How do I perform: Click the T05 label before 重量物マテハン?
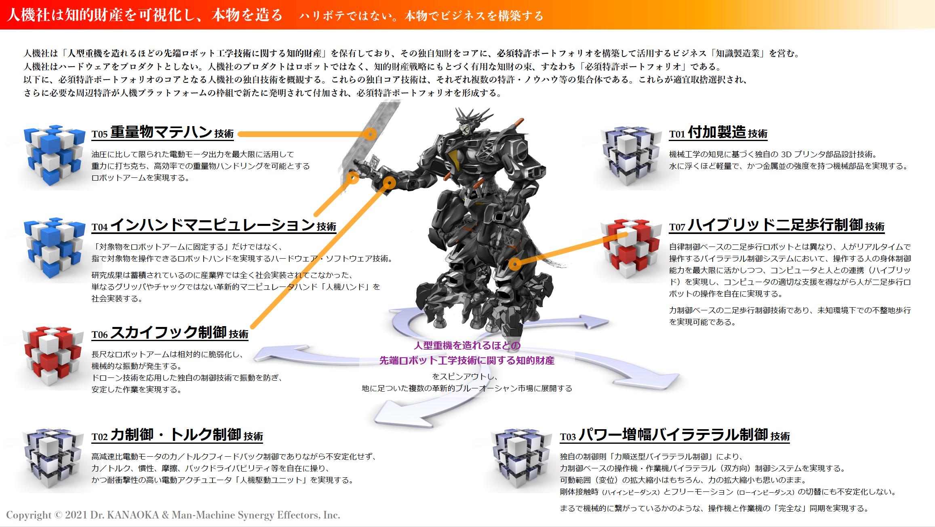click(99, 134)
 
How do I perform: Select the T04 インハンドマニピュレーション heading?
click(214, 226)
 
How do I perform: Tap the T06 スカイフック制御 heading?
click(170, 333)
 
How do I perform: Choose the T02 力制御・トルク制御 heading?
click(177, 436)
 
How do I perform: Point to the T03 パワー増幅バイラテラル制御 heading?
click(674, 436)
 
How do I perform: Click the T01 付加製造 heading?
click(718, 133)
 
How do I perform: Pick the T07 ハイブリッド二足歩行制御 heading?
click(776, 226)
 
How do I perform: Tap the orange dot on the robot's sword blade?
click(370, 134)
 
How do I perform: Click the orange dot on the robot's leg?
click(515, 264)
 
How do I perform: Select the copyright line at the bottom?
click(173, 515)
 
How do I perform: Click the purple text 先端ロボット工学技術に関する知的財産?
click(467, 360)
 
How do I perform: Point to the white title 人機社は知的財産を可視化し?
click(105, 15)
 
